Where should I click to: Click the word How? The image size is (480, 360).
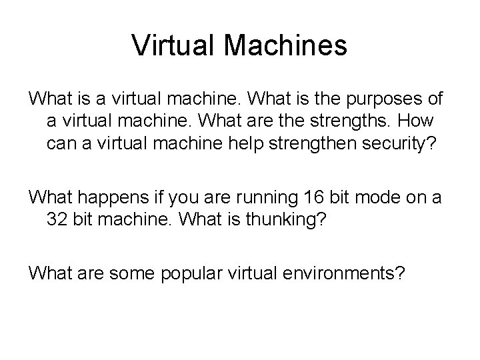[x=417, y=123]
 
